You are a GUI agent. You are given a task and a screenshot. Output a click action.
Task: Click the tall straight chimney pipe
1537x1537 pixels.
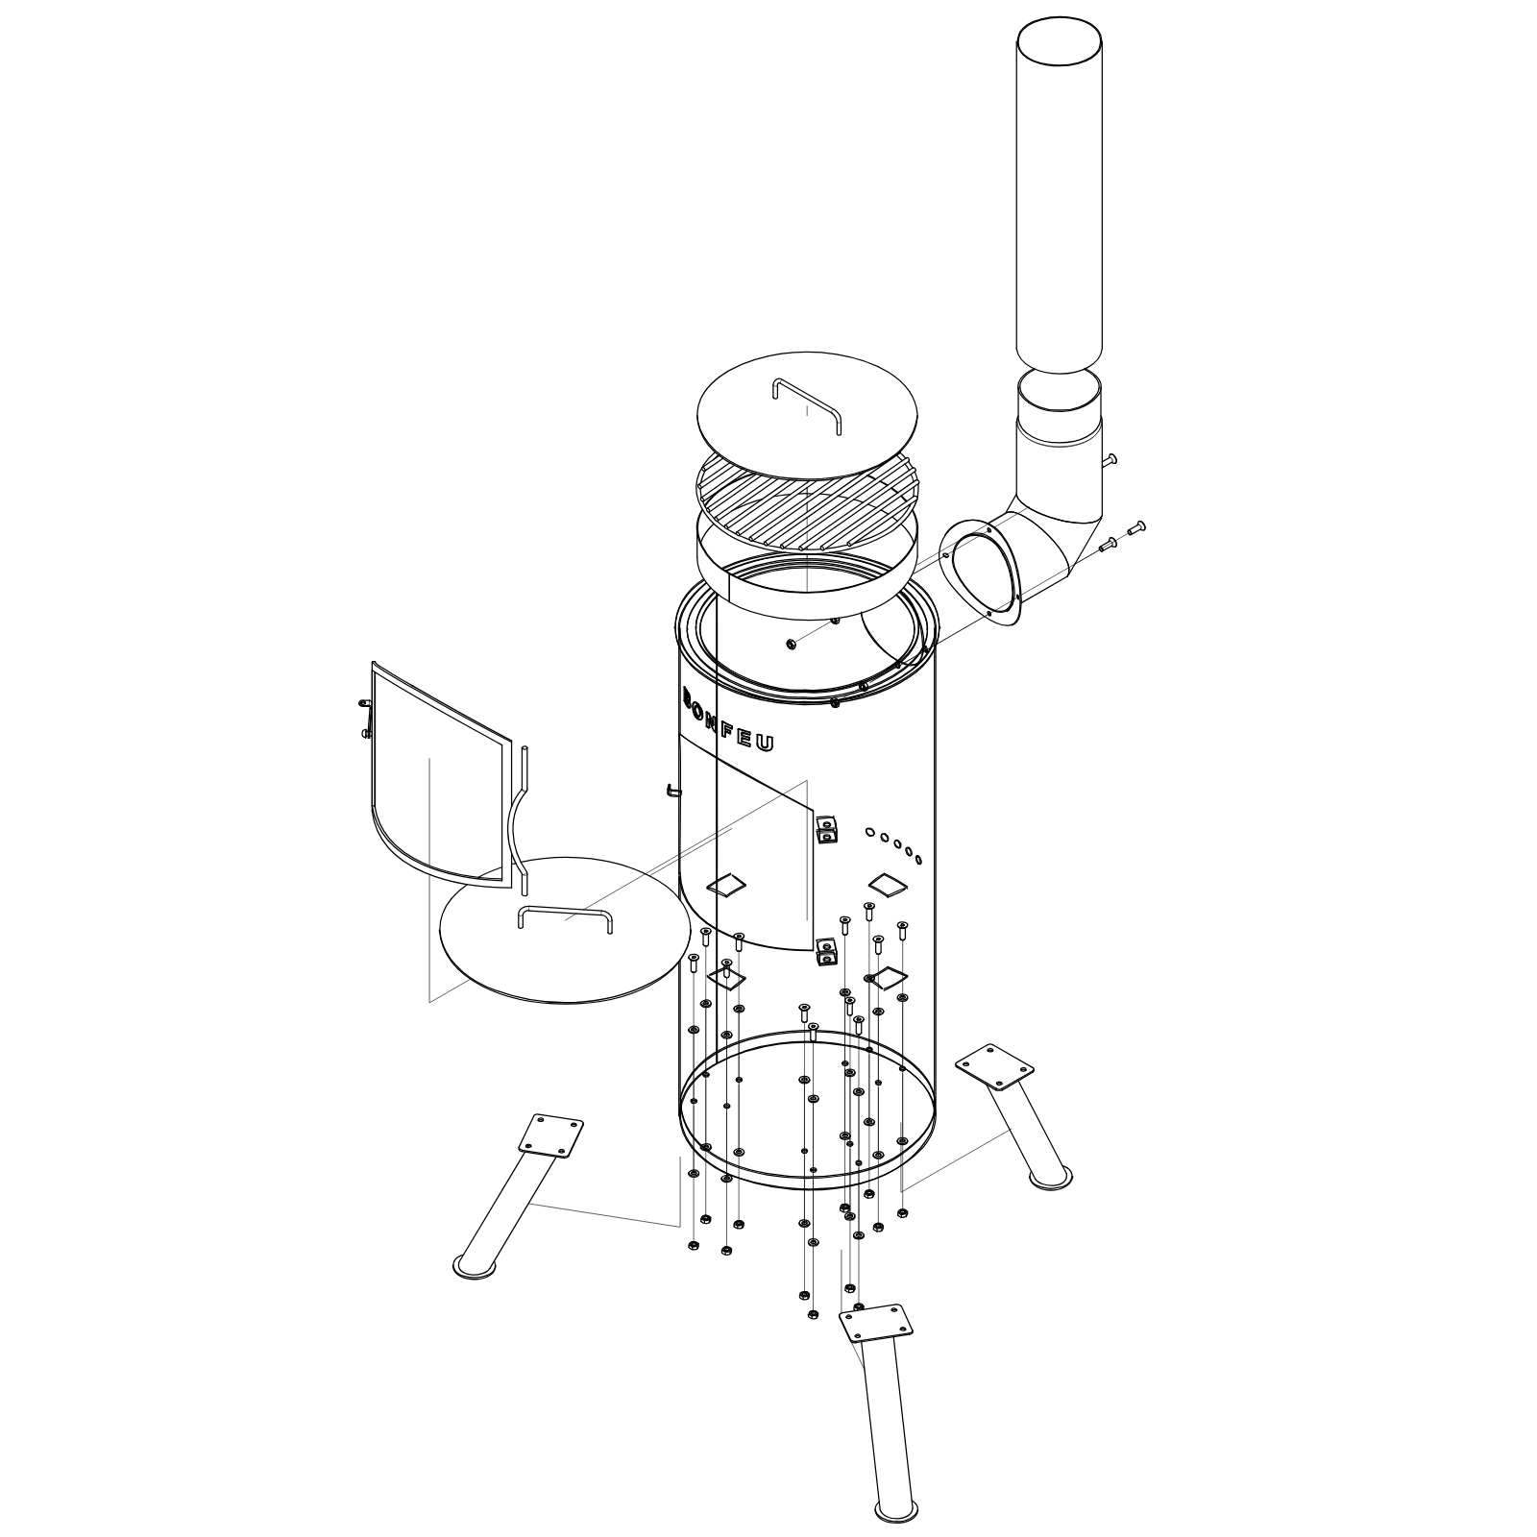[1059, 192]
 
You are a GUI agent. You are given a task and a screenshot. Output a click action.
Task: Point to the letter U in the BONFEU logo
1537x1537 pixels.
[766, 744]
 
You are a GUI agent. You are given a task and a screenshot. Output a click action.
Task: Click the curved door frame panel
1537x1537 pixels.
[437, 768]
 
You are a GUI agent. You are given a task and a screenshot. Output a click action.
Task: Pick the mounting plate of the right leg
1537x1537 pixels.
[994, 1065]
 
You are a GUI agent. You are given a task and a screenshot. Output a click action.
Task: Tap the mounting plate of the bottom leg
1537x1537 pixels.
[875, 1323]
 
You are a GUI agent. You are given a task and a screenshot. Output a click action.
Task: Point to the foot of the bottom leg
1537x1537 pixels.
[896, 1511]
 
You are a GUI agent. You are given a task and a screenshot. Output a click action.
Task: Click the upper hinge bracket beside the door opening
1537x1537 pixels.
[825, 827]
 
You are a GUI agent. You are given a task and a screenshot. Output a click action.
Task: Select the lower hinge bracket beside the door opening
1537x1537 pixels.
[825, 951]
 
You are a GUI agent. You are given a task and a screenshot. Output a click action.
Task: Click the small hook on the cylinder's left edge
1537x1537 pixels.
[673, 792]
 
